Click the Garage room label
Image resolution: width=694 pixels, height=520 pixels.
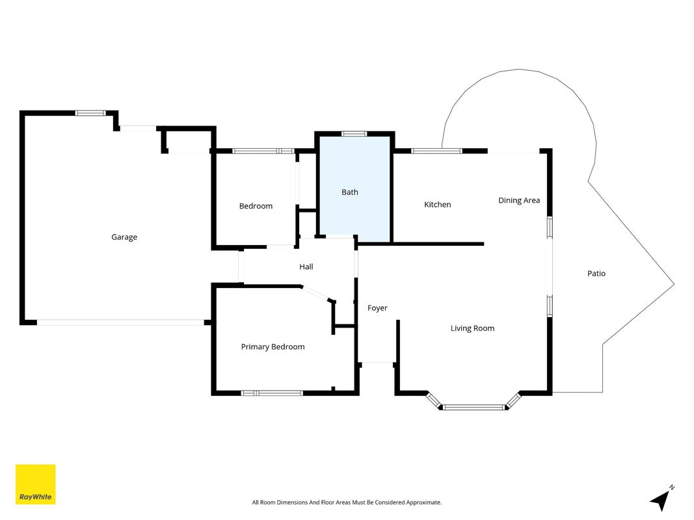[x=124, y=237]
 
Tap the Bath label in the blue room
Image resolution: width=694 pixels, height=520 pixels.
[x=350, y=192]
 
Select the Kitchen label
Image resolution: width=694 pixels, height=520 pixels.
[x=437, y=204]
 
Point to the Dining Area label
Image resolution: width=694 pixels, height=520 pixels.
[x=519, y=200]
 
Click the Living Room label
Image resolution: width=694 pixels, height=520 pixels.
[x=472, y=328]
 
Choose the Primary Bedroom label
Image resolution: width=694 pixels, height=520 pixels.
[x=273, y=346]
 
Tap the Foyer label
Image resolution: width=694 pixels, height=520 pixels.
[x=377, y=307]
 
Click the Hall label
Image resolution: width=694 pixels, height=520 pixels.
[x=306, y=266]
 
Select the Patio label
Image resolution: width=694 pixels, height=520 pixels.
[x=596, y=273]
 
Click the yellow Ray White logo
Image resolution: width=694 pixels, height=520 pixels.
[x=35, y=484]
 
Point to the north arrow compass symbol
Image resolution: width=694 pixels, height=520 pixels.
[x=661, y=499]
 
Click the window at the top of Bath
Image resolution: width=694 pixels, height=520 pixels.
[x=354, y=133]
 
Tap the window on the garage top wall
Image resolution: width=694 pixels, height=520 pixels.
[x=90, y=112]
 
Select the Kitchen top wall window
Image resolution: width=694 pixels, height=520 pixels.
[x=436, y=151]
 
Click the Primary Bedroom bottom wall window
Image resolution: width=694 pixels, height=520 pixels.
[x=272, y=393]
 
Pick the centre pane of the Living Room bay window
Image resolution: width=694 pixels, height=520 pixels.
[x=474, y=407]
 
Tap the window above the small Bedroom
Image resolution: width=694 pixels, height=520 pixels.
[x=263, y=151]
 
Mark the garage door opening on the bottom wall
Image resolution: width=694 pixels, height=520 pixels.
[x=120, y=322]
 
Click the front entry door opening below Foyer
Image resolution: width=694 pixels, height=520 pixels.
[x=377, y=363]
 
